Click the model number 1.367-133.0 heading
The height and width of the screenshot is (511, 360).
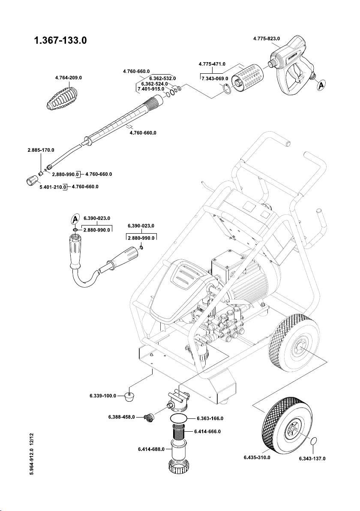point(60,42)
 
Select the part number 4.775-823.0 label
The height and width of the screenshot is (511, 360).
point(266,39)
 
